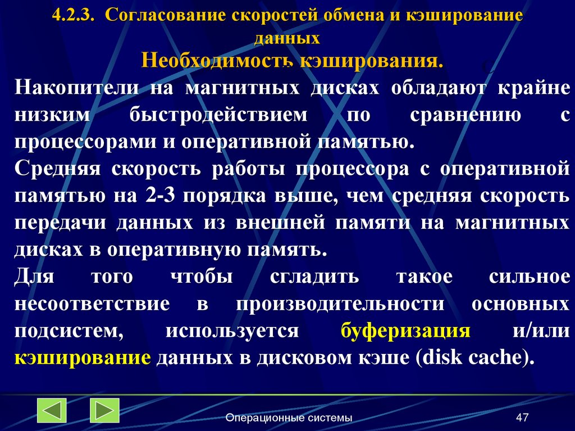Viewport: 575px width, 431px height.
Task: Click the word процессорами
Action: click(x=85, y=140)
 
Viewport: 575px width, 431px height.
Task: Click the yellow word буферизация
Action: click(x=405, y=331)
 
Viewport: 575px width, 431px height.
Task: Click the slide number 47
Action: click(x=523, y=418)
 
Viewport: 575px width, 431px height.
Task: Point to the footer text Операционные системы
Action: click(x=289, y=418)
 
